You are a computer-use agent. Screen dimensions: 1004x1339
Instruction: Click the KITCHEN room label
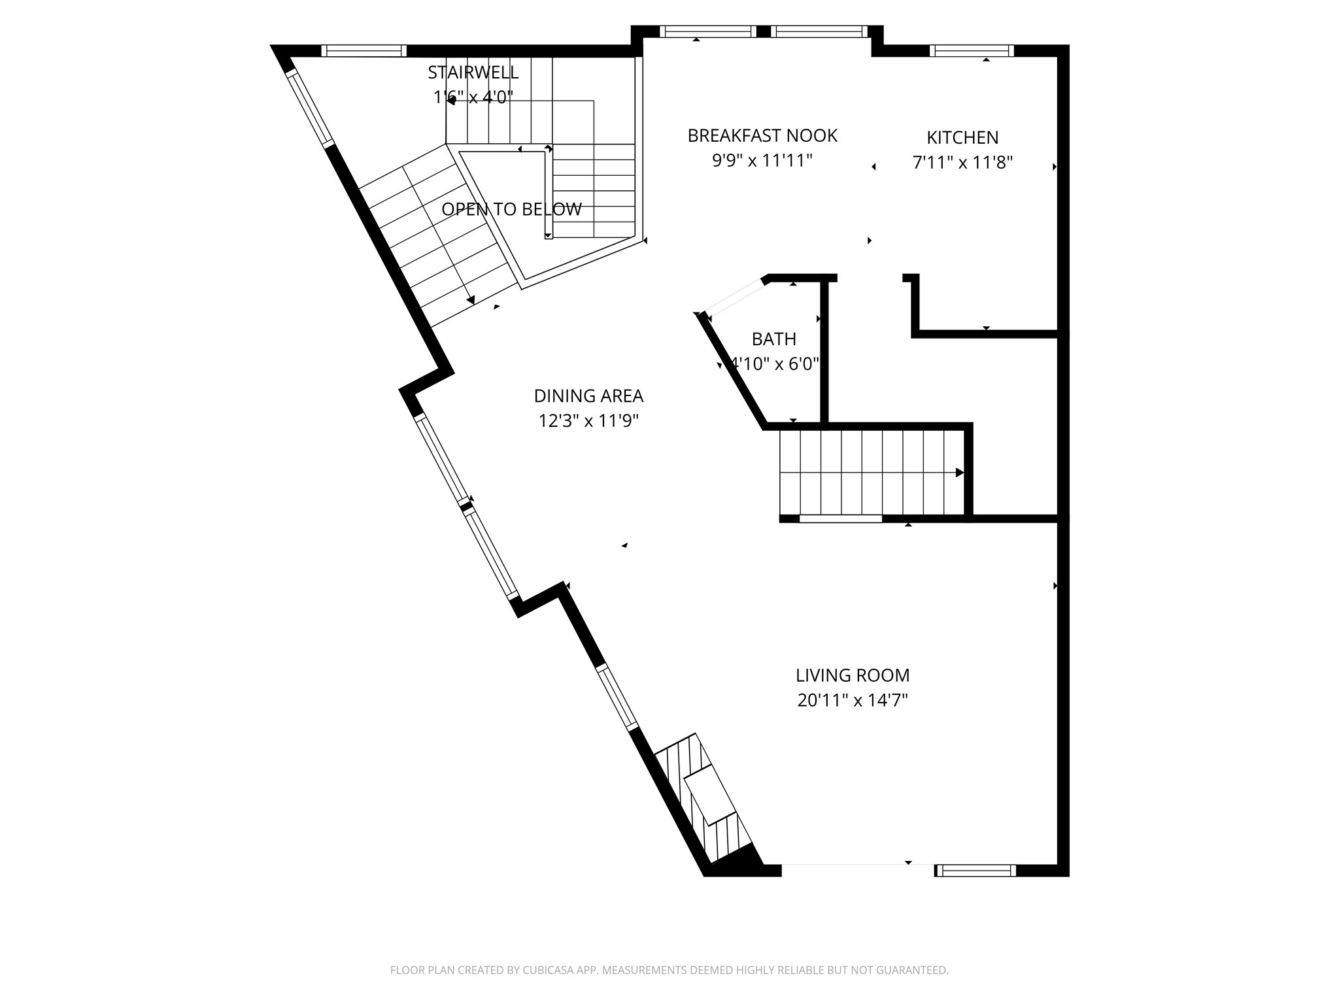[x=962, y=138]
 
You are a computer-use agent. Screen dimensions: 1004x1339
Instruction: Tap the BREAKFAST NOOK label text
[x=762, y=136]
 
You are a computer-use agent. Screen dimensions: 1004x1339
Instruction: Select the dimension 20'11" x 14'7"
[x=853, y=701]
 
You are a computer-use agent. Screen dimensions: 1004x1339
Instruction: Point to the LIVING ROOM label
[x=853, y=675]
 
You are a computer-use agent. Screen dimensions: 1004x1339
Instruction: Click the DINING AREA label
[x=588, y=396]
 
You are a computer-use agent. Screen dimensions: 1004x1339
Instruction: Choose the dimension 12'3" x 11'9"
[x=588, y=421]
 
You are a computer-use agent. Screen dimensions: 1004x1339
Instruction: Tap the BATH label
[x=774, y=339]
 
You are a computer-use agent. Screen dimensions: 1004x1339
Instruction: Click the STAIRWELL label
[x=473, y=73]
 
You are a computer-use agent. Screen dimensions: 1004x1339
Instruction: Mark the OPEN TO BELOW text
[x=511, y=210]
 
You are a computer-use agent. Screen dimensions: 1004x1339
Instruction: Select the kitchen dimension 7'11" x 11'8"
[x=962, y=163]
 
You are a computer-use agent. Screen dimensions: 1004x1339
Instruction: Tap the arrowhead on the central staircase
[x=960, y=473]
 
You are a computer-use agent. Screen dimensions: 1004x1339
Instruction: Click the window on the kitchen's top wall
[x=972, y=51]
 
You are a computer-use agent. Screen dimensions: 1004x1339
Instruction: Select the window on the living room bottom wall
[x=975, y=870]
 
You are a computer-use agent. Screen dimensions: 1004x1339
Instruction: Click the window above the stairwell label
[x=364, y=51]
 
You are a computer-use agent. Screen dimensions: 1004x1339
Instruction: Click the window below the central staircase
[x=841, y=519]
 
